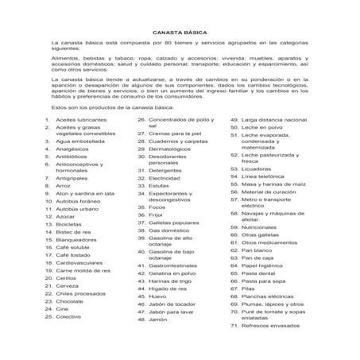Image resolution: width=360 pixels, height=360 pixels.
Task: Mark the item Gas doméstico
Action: pos(169,230)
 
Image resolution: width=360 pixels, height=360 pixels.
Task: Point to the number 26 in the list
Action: pos(141,119)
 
